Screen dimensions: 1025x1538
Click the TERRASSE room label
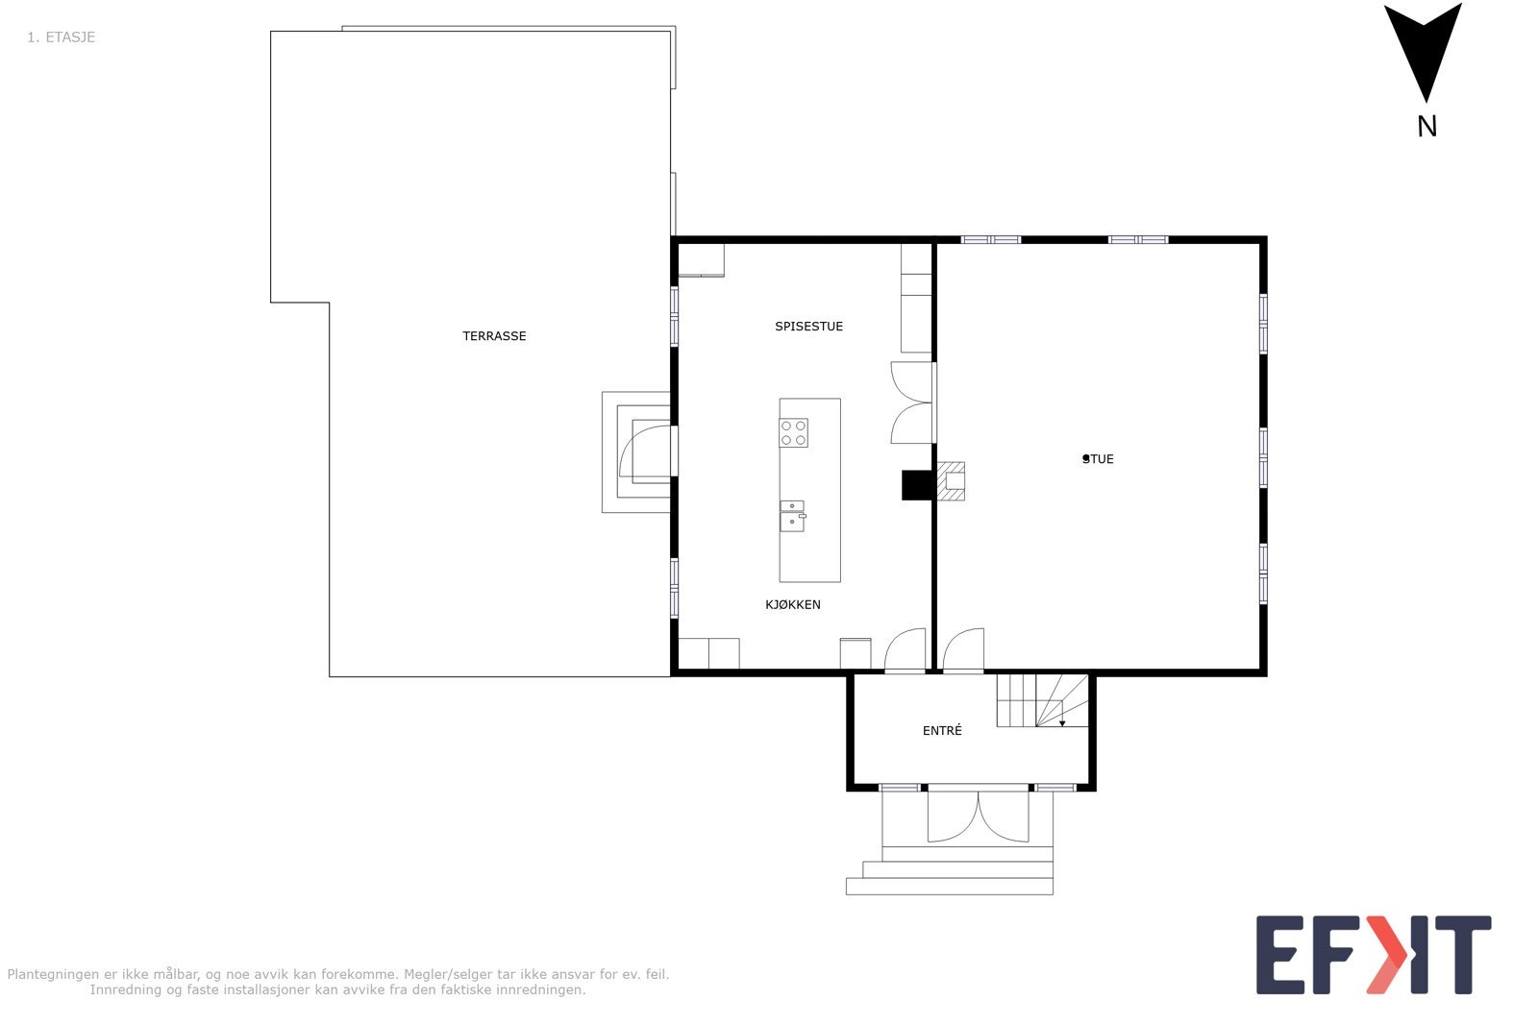[494, 336]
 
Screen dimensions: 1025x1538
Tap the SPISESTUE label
[808, 327]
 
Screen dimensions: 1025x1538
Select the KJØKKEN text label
[792, 604]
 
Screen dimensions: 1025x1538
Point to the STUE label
[1098, 459]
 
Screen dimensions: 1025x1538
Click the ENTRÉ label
[941, 731]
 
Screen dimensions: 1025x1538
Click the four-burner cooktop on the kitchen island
[793, 433]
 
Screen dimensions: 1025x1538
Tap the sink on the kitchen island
[792, 516]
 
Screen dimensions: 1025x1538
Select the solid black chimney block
[916, 485]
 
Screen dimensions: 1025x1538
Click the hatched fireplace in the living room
[951, 482]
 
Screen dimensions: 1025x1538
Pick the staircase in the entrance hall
[1041, 700]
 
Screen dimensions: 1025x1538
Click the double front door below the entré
[978, 817]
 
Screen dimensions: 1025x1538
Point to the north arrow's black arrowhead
[1424, 48]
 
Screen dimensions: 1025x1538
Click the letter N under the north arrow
[1426, 127]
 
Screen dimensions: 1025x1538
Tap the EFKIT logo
[1373, 955]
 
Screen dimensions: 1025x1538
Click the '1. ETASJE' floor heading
[61, 37]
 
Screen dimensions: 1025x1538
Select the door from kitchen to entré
[905, 650]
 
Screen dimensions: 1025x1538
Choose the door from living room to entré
[963, 650]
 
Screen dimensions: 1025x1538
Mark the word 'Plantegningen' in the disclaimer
[52, 974]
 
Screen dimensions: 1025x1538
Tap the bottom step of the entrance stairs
[949, 887]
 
